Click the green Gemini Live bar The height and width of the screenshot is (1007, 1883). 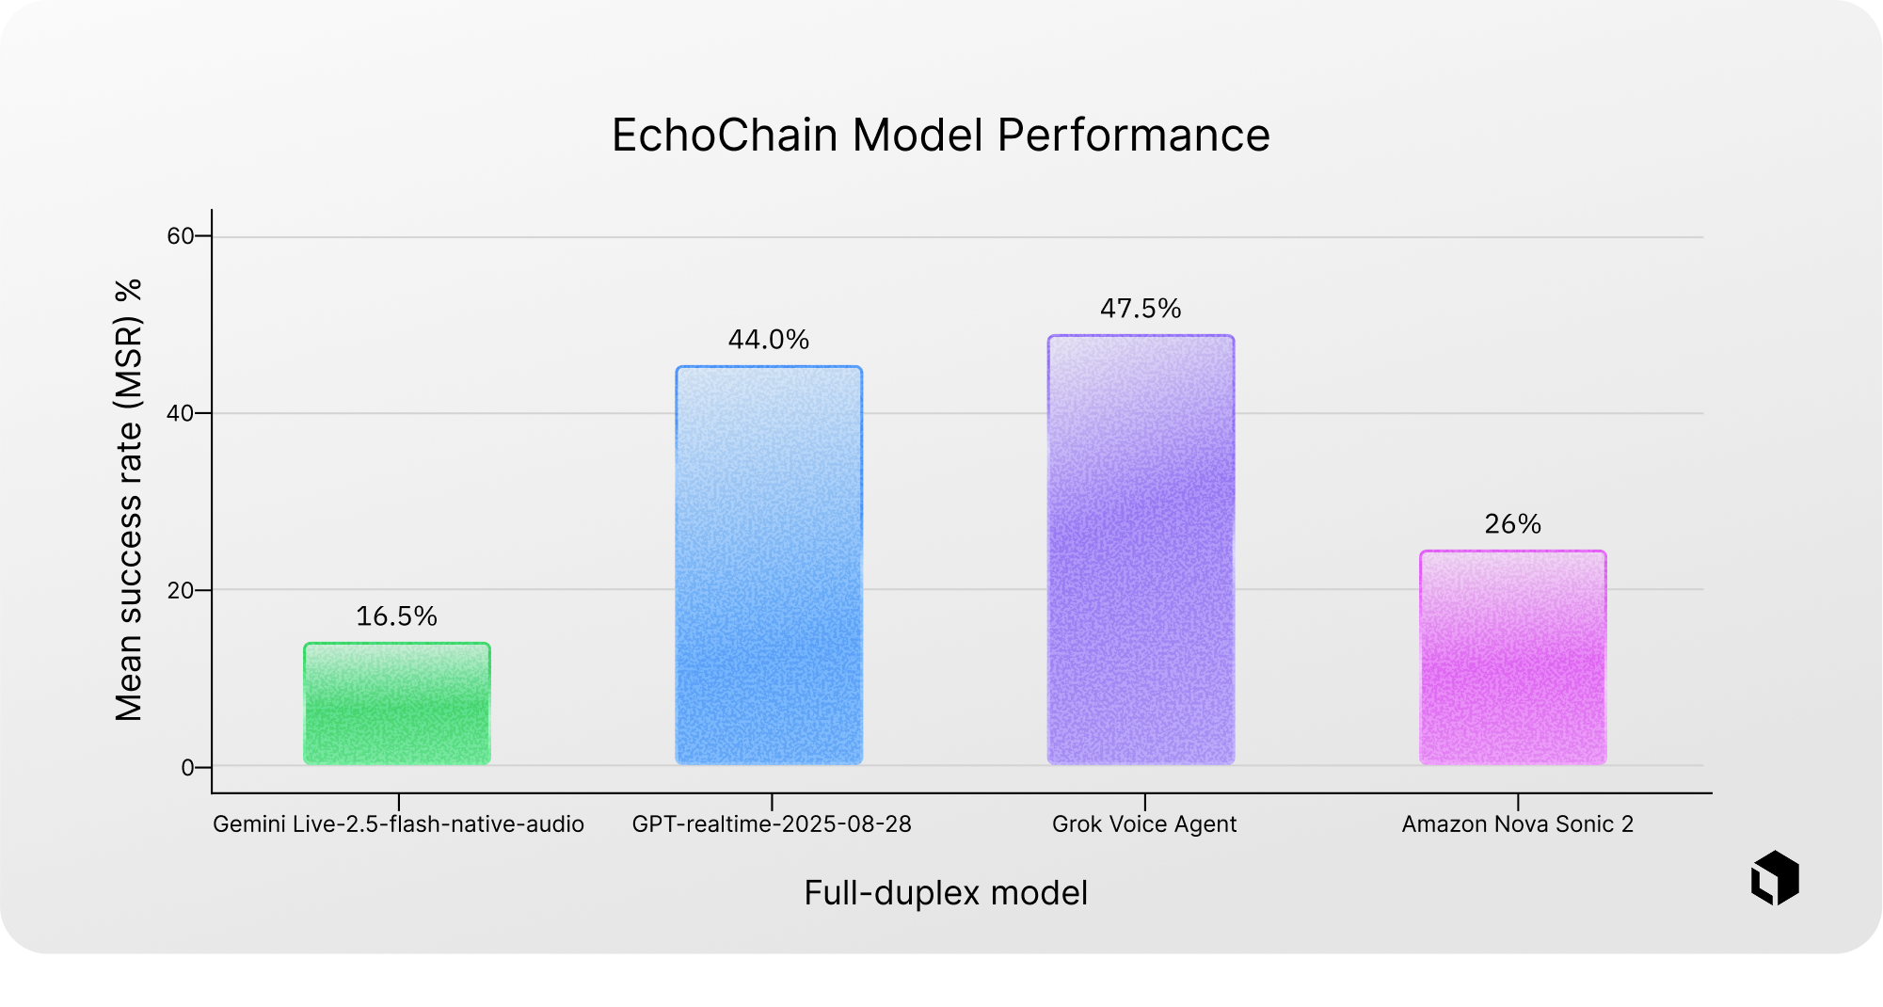pyautogui.click(x=397, y=704)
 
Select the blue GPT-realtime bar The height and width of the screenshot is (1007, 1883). pyautogui.click(x=769, y=566)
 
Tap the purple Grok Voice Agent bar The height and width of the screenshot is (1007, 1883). pyautogui.click(x=1141, y=550)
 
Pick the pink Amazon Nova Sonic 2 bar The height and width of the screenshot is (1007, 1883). pyautogui.click(x=1513, y=658)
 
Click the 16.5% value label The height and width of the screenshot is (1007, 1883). pyautogui.click(x=396, y=616)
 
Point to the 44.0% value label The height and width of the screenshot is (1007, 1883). pyautogui.click(x=769, y=340)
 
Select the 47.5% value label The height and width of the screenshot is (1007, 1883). pyautogui.click(x=1141, y=309)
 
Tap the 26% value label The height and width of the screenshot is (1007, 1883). pyautogui.click(x=1513, y=524)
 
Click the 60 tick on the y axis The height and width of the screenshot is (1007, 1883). pyautogui.click(x=181, y=236)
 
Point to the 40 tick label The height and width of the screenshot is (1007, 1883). pyautogui.click(x=181, y=413)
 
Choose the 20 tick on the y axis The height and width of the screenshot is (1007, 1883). pyautogui.click(x=181, y=590)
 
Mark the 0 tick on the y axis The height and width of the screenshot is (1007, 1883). pyautogui.click(x=188, y=767)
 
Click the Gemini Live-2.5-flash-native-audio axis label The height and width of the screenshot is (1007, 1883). pyautogui.click(x=398, y=824)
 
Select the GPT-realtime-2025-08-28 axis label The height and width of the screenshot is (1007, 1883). pyautogui.click(x=772, y=824)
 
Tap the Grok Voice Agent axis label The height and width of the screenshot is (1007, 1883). pyautogui.click(x=1144, y=824)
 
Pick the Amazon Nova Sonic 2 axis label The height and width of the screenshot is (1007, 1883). pyautogui.click(x=1518, y=824)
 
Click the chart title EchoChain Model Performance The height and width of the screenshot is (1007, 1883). pyautogui.click(x=941, y=135)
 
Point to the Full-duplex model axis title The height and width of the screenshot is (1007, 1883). pyautogui.click(x=946, y=892)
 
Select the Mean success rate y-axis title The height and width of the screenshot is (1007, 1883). pyautogui.click(x=129, y=500)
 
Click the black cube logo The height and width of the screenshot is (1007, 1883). pyautogui.click(x=1775, y=878)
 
